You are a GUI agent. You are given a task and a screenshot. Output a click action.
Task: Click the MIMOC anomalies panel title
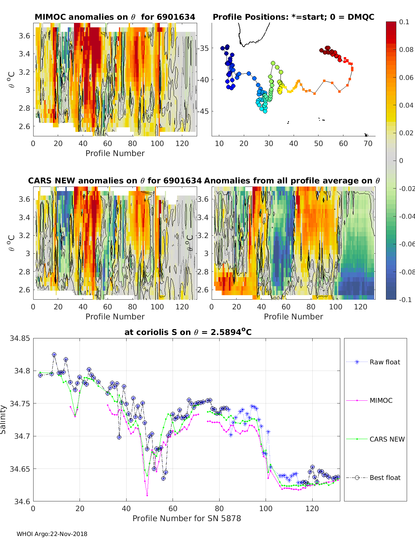pyautogui.click(x=115, y=17)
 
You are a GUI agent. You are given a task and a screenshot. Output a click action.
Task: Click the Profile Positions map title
pyautogui.click(x=293, y=17)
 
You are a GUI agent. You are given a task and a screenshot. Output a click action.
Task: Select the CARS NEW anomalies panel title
pyautogui.click(x=115, y=181)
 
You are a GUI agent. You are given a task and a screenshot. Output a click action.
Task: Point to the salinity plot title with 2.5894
pyautogui.click(x=188, y=332)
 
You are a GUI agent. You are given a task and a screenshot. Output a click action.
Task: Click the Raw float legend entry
pyautogui.click(x=385, y=362)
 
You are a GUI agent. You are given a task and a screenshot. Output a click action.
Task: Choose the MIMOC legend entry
pyautogui.click(x=381, y=400)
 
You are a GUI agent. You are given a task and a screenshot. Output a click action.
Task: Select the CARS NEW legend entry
pyautogui.click(x=387, y=439)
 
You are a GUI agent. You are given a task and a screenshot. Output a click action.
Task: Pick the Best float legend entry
pyautogui.click(x=385, y=478)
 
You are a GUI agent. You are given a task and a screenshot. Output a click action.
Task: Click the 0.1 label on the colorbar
pyautogui.click(x=404, y=22)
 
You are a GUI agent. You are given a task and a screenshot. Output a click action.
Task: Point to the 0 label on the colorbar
pyautogui.click(x=401, y=161)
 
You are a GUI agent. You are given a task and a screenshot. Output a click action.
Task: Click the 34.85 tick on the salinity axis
pyautogui.click(x=20, y=338)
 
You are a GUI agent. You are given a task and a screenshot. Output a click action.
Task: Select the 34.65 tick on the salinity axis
pyautogui.click(x=20, y=469)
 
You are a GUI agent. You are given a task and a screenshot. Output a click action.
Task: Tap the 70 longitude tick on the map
pyautogui.click(x=368, y=144)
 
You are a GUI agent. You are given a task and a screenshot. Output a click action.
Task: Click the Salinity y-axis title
pyautogui.click(x=3, y=419)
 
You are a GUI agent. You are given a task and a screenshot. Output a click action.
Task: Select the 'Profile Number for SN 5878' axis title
pyautogui.click(x=187, y=518)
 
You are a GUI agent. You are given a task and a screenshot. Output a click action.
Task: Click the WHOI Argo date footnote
pyautogui.click(x=52, y=534)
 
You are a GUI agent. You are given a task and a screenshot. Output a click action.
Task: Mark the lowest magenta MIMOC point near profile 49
pyautogui.click(x=147, y=496)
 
